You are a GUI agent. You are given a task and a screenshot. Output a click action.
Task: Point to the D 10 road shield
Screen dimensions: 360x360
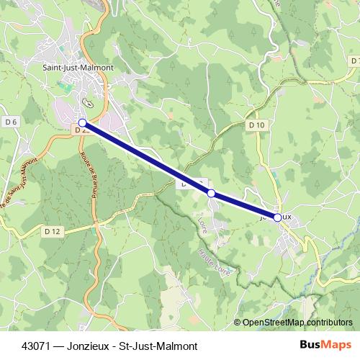point(257,125)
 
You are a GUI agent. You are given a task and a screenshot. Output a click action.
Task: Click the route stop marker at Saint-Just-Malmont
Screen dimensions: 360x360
point(82,123)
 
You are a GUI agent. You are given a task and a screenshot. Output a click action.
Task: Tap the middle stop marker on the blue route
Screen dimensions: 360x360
point(211,193)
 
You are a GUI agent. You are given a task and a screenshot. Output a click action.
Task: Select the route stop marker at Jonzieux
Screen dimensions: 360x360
point(277,217)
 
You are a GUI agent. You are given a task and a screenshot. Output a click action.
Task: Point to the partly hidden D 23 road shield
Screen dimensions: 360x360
point(80,130)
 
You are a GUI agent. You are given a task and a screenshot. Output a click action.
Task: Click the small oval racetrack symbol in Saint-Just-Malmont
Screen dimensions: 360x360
point(86,102)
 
